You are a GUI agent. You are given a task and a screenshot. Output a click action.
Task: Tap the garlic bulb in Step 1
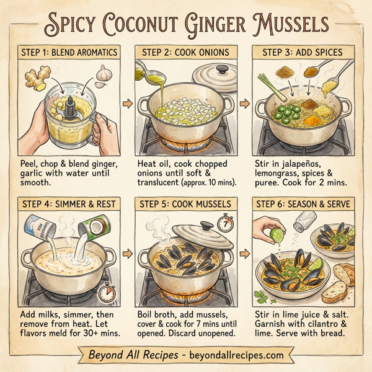point(105,75)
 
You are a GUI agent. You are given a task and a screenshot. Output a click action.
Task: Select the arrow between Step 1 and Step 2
point(128,103)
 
